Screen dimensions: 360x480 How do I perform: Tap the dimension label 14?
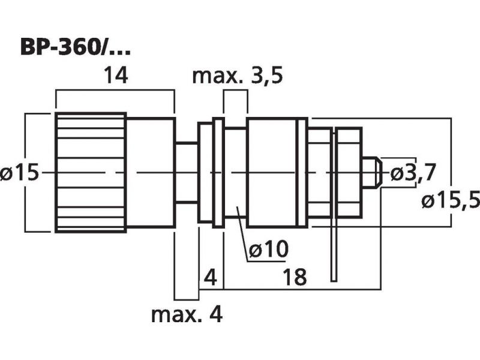pyautogui.click(x=115, y=76)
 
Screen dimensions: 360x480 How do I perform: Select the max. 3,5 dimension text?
pyautogui.click(x=237, y=77)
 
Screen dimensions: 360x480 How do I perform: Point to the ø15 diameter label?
pyautogui.click(x=20, y=173)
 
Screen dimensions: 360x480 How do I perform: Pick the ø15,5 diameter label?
pyautogui.click(x=450, y=200)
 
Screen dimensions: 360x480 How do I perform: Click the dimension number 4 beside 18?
pyautogui.click(x=209, y=278)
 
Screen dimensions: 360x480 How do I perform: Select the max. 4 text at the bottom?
pyautogui.click(x=187, y=314)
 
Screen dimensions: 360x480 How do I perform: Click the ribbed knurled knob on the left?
pyautogui.click(x=90, y=173)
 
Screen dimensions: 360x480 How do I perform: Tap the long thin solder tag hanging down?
pyautogui.click(x=334, y=240)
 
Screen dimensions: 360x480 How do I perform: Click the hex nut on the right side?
pyautogui.click(x=350, y=173)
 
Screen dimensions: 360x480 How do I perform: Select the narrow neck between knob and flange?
pyautogui.click(x=187, y=173)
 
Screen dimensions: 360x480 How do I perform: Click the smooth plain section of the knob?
pyautogui.click(x=150, y=173)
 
